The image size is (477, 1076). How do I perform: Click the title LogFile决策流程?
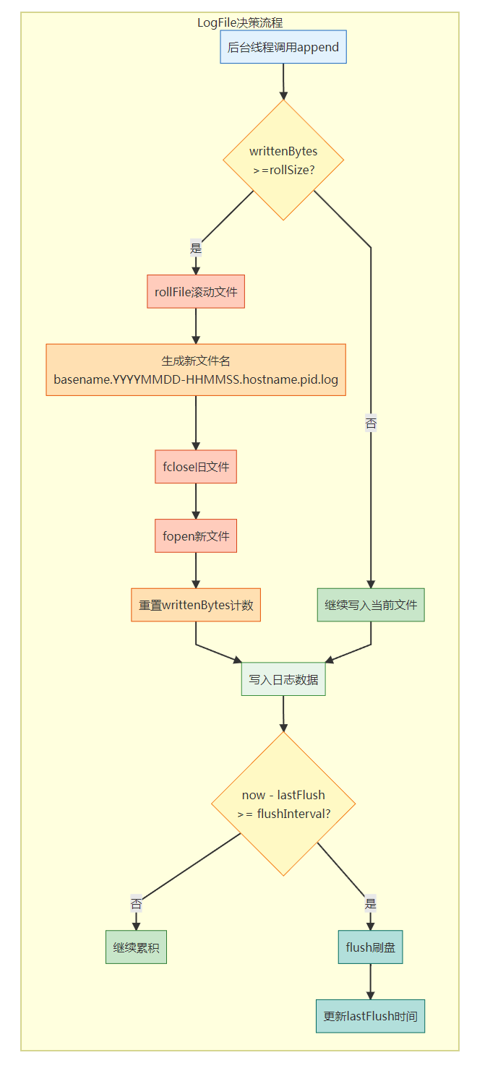240,23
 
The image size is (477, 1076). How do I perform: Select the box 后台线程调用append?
283,47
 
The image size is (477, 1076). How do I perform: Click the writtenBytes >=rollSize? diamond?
283,160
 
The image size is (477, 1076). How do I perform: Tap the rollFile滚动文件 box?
196,292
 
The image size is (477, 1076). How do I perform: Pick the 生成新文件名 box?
196,370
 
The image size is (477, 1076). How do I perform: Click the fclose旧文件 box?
196,467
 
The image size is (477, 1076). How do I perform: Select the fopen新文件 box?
196,536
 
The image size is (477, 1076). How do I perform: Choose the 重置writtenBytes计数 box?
196,605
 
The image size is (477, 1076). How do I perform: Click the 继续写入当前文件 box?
371,605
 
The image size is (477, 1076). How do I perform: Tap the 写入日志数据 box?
283,679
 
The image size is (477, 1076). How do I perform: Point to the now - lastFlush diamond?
283,804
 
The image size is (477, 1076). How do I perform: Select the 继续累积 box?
136,947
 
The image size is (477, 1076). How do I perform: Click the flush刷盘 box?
370,947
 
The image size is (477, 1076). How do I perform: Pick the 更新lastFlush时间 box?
370,1016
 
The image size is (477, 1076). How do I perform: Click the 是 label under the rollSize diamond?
196,249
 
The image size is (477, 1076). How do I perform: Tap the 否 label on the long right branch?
371,423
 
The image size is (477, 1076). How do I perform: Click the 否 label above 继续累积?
136,903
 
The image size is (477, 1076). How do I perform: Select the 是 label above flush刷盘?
370,903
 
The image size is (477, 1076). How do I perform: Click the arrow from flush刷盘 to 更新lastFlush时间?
370,981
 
